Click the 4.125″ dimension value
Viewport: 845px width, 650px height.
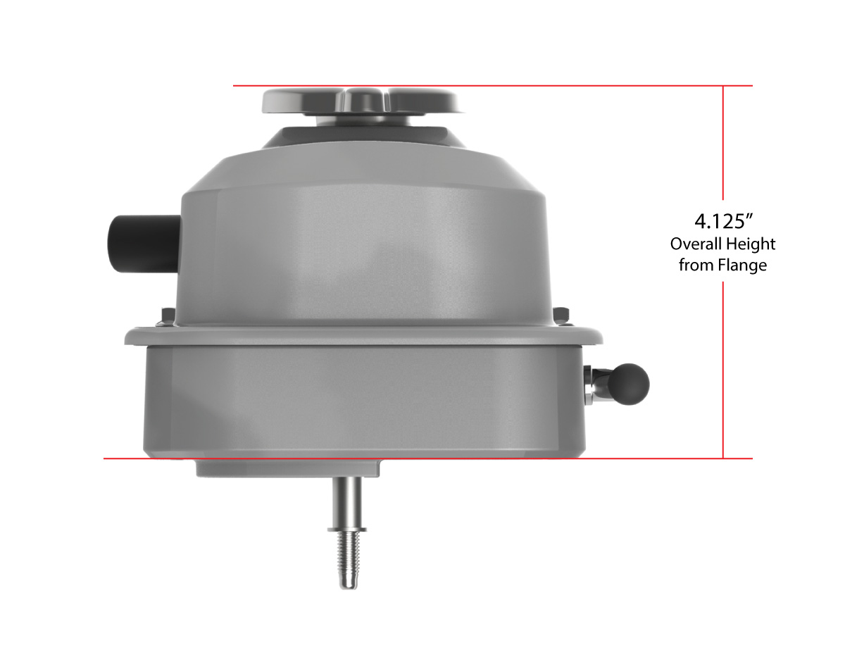pos(724,222)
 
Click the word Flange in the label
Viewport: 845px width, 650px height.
pos(742,266)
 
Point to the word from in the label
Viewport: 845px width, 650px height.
pos(696,266)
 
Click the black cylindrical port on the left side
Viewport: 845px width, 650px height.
pos(145,244)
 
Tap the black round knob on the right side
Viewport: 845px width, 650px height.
pos(632,384)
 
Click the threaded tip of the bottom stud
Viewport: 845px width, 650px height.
pos(349,560)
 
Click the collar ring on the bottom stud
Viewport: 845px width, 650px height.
pos(347,529)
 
